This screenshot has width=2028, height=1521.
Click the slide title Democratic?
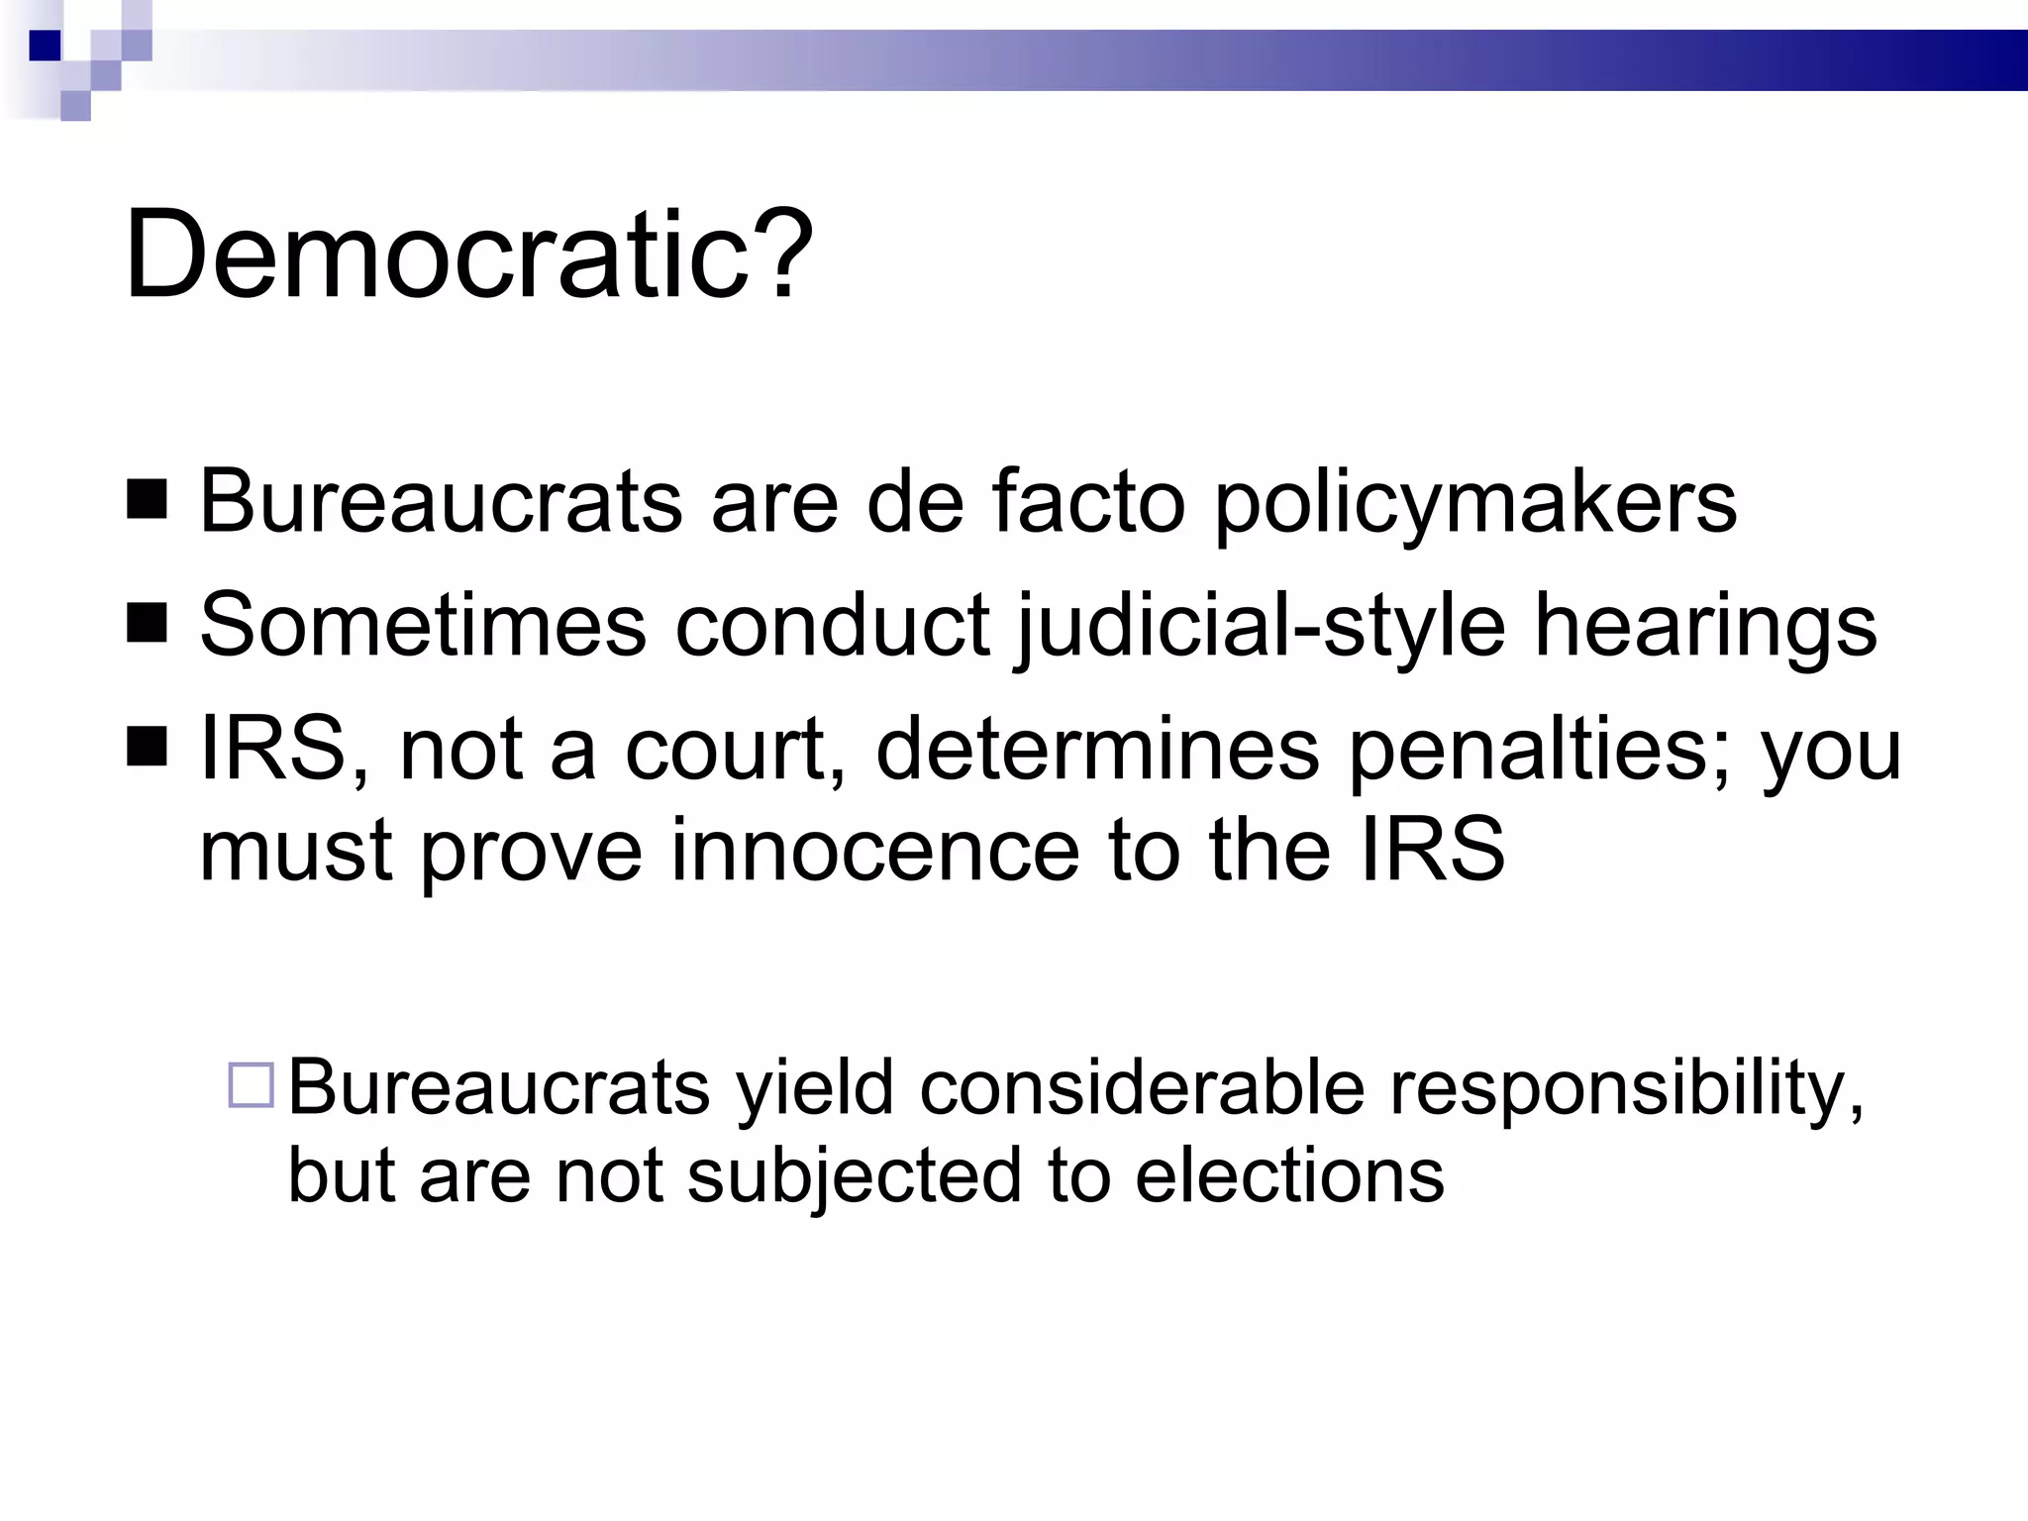coord(467,254)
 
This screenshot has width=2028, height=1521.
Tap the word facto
coord(1088,501)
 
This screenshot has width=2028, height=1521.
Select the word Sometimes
coord(423,625)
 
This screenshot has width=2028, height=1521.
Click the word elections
coord(1289,1176)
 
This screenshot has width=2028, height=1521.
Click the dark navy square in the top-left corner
coord(46,46)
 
